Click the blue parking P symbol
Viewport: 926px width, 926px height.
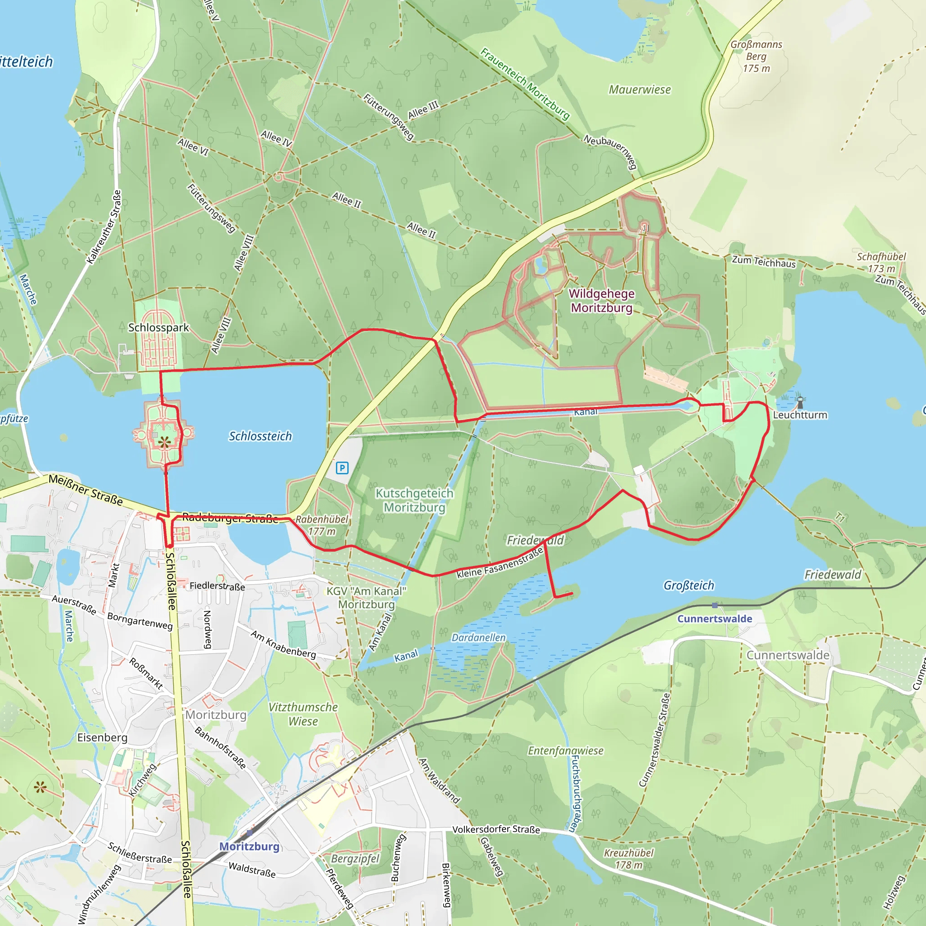[342, 468]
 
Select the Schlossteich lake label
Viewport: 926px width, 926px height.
[260, 436]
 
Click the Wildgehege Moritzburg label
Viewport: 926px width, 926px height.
[601, 301]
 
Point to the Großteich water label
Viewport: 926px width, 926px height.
[688, 585]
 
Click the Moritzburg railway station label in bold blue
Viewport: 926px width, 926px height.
[249, 846]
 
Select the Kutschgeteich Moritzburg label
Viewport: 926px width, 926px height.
[414, 500]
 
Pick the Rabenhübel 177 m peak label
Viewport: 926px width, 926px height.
[321, 525]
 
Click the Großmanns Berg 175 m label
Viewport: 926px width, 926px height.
[756, 56]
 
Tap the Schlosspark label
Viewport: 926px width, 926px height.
[158, 328]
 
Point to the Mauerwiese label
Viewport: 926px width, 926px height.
[639, 90]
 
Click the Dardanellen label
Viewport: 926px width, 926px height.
[478, 638]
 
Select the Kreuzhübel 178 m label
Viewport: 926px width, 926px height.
[628, 859]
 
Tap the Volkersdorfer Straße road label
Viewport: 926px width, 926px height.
[496, 829]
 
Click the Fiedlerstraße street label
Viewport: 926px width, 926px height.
[217, 586]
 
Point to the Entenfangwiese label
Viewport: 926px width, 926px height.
[565, 751]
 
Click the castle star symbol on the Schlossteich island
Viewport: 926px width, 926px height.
[164, 442]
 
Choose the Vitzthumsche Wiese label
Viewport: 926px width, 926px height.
[303, 714]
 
